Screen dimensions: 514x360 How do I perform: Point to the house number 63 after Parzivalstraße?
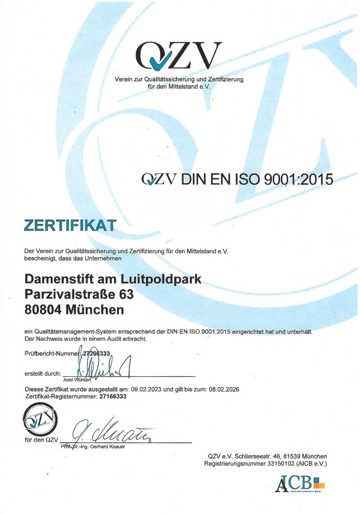(126, 295)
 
